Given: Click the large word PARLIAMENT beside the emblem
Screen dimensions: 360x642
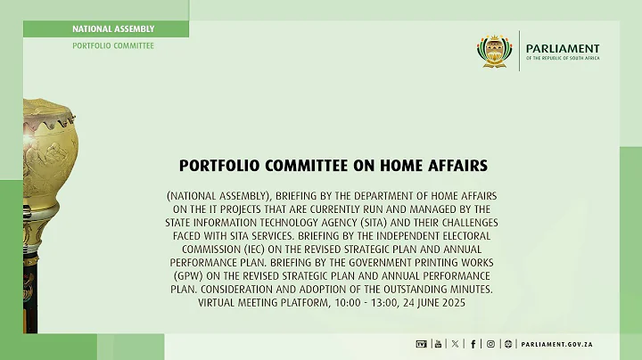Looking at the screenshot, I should pyautogui.click(x=563, y=48).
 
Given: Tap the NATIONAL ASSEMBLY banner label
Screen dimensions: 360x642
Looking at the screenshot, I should pyautogui.click(x=113, y=29).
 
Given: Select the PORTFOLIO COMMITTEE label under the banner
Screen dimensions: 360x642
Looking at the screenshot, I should pyautogui.click(x=113, y=45).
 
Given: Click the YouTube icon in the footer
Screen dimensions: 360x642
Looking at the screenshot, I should pyautogui.click(x=437, y=344).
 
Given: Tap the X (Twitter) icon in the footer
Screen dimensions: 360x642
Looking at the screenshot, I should pyautogui.click(x=456, y=344).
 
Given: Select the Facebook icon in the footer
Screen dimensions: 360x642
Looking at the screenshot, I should pyautogui.click(x=473, y=344).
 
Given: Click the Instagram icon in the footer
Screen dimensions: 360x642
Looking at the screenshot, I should pyautogui.click(x=490, y=344).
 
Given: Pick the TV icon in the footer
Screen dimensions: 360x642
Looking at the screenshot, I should pyautogui.click(x=421, y=344).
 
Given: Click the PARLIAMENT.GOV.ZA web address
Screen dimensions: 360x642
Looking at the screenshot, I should pyautogui.click(x=558, y=344).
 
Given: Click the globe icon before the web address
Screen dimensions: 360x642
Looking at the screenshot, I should pyautogui.click(x=507, y=344).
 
